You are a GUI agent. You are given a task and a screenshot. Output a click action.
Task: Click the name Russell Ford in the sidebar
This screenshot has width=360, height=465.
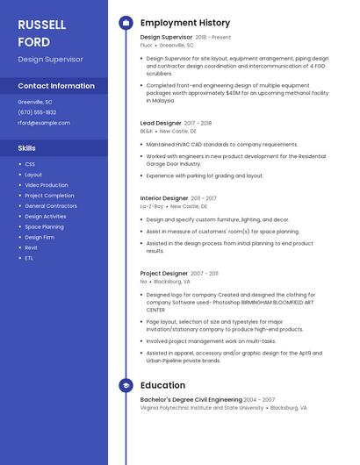point(42,32)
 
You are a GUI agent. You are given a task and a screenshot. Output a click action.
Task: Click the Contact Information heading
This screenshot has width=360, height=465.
point(56,86)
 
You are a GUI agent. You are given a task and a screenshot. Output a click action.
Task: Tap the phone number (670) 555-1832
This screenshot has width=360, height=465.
point(37,112)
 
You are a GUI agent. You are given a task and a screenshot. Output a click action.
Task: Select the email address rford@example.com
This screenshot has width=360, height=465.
point(44,123)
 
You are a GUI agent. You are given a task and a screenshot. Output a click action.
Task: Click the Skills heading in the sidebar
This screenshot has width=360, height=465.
point(27,148)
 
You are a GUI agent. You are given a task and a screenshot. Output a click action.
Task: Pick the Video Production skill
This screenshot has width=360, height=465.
point(46,185)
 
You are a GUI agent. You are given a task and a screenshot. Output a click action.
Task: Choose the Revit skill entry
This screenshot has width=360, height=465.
point(31,247)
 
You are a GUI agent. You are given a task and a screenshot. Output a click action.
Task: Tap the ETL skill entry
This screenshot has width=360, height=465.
point(29,258)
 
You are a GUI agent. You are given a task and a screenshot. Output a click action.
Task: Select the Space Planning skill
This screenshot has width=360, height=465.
point(45,226)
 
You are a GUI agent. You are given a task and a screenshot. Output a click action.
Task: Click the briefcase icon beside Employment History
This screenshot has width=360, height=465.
point(126,23)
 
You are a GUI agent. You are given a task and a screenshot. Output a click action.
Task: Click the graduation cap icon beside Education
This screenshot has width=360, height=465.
point(126,385)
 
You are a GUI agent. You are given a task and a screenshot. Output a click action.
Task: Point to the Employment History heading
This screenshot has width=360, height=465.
point(185,23)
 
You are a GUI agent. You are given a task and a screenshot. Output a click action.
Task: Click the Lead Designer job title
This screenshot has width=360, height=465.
point(161,123)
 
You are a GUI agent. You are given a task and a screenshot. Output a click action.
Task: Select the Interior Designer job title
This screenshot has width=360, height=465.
point(164,198)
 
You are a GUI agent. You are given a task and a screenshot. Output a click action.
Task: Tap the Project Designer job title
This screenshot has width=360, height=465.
point(164,274)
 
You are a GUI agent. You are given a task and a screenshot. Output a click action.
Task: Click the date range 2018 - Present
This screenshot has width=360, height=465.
point(212,38)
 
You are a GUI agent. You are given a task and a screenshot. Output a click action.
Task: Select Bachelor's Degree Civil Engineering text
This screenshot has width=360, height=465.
point(191,400)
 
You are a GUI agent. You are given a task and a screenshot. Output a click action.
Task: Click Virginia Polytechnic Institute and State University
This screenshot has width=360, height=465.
point(202,408)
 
